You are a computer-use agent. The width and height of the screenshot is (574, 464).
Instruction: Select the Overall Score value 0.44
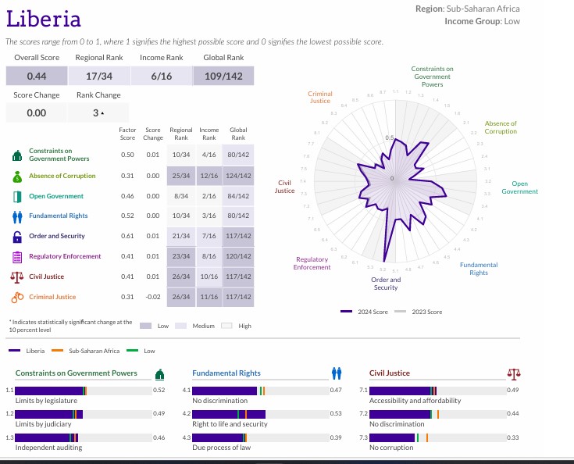pyautogui.click(x=37, y=76)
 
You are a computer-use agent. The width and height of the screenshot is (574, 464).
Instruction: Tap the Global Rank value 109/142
pyautogui.click(x=223, y=76)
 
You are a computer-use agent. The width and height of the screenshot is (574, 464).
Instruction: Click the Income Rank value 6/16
pyautogui.click(x=161, y=76)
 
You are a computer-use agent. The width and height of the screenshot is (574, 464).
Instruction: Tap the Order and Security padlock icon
pyautogui.click(x=17, y=236)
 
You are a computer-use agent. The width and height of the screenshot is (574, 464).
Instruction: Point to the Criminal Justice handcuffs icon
pyautogui.click(x=17, y=297)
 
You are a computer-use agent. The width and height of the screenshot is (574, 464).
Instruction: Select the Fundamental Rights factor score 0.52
pyautogui.click(x=127, y=216)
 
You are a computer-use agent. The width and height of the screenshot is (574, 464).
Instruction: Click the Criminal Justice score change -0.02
pyautogui.click(x=153, y=297)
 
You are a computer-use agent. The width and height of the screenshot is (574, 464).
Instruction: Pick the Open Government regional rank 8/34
pyautogui.click(x=181, y=196)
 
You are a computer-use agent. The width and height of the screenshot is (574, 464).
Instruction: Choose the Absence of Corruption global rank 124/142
pyautogui.click(x=238, y=176)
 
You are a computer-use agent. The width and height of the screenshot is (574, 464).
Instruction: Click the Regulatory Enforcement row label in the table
pyautogui.click(x=65, y=256)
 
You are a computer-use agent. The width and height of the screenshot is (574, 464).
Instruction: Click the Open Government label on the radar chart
pyautogui.click(x=519, y=187)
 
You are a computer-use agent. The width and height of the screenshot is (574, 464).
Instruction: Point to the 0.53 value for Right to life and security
pyautogui.click(x=336, y=413)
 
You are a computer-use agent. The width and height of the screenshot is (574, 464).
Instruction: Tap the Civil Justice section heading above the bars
pyautogui.click(x=390, y=373)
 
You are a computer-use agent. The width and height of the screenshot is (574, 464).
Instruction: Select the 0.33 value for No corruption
pyautogui.click(x=513, y=437)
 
